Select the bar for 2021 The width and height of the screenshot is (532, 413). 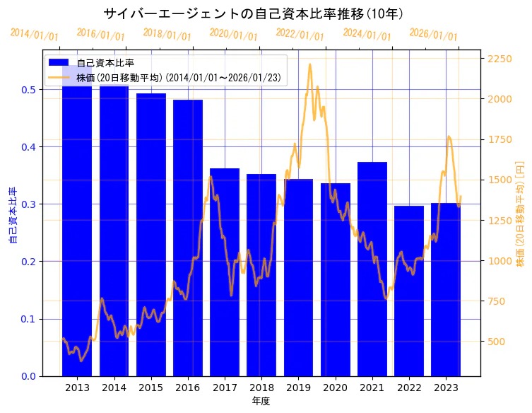[372, 269]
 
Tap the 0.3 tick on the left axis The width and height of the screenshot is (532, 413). [29, 204]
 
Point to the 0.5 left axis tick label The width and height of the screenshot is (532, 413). [29, 90]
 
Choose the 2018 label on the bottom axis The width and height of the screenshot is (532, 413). [261, 388]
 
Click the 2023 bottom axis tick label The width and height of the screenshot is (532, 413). [446, 388]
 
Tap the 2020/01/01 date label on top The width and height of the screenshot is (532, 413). [234, 35]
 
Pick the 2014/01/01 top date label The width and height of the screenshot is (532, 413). [35, 35]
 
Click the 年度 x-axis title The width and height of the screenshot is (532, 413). [261, 401]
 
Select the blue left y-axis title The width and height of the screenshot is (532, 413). [12, 216]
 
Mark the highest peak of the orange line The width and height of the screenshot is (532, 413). [310, 64]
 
